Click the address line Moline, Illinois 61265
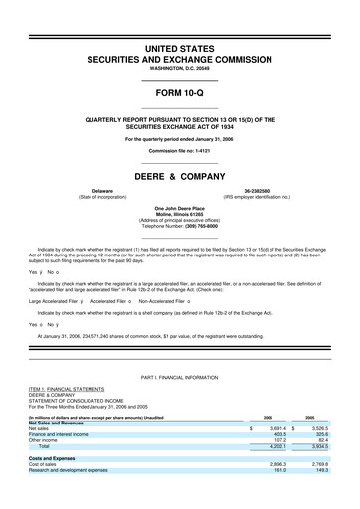point(179,214)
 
